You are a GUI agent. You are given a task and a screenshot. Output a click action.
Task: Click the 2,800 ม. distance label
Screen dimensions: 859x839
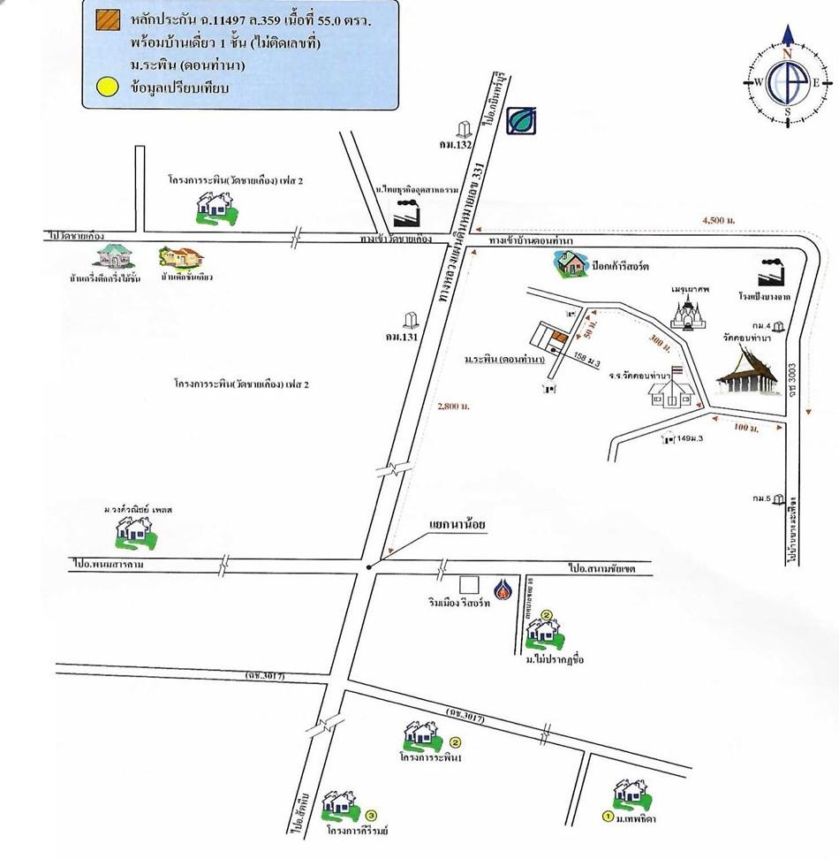[x=453, y=406]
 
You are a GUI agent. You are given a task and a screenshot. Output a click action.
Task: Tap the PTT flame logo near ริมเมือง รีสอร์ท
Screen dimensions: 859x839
[x=503, y=589]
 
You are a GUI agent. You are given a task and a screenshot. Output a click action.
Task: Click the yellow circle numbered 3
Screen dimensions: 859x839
[x=372, y=815]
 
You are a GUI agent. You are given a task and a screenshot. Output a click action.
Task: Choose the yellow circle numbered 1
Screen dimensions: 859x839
[x=608, y=817]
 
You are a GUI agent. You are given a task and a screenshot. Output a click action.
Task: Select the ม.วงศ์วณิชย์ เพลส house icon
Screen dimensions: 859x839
[x=134, y=529]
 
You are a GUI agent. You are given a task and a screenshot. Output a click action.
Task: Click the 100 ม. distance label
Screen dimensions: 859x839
[x=747, y=428]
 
